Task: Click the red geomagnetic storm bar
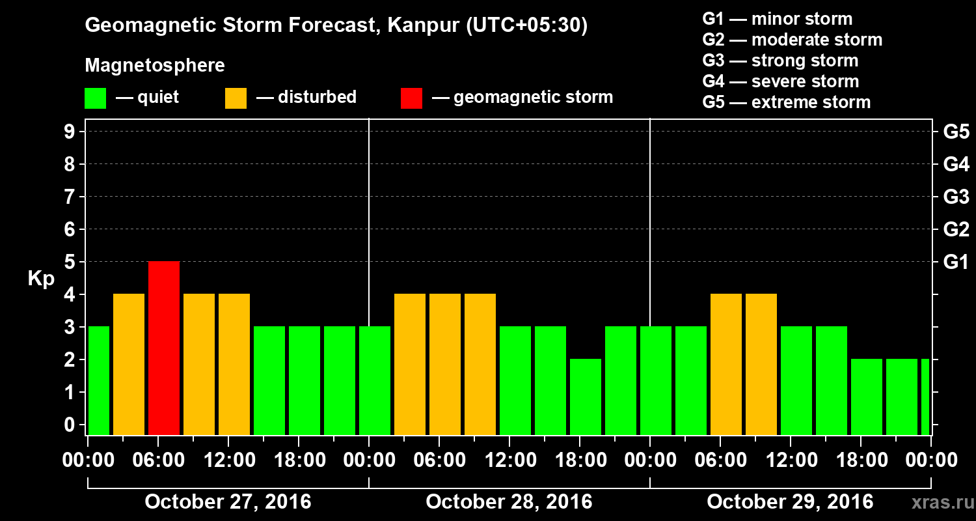pyautogui.click(x=164, y=348)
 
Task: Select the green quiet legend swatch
pyautogui.click(x=95, y=98)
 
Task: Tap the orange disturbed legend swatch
pyautogui.click(x=236, y=98)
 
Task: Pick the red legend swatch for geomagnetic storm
pyautogui.click(x=411, y=98)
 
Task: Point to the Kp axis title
pyautogui.click(x=40, y=279)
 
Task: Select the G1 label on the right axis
pyautogui.click(x=956, y=262)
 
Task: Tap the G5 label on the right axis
pyautogui.click(x=956, y=132)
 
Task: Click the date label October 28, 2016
pyautogui.click(x=509, y=502)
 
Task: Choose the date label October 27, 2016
pyautogui.click(x=228, y=502)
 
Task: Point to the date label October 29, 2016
pyautogui.click(x=790, y=502)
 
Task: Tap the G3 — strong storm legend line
pyautogui.click(x=780, y=61)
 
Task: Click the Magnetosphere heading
pyautogui.click(x=155, y=66)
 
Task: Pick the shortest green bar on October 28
pyautogui.click(x=586, y=397)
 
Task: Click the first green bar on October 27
pyautogui.click(x=98, y=380)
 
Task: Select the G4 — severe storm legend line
pyautogui.click(x=781, y=81)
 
